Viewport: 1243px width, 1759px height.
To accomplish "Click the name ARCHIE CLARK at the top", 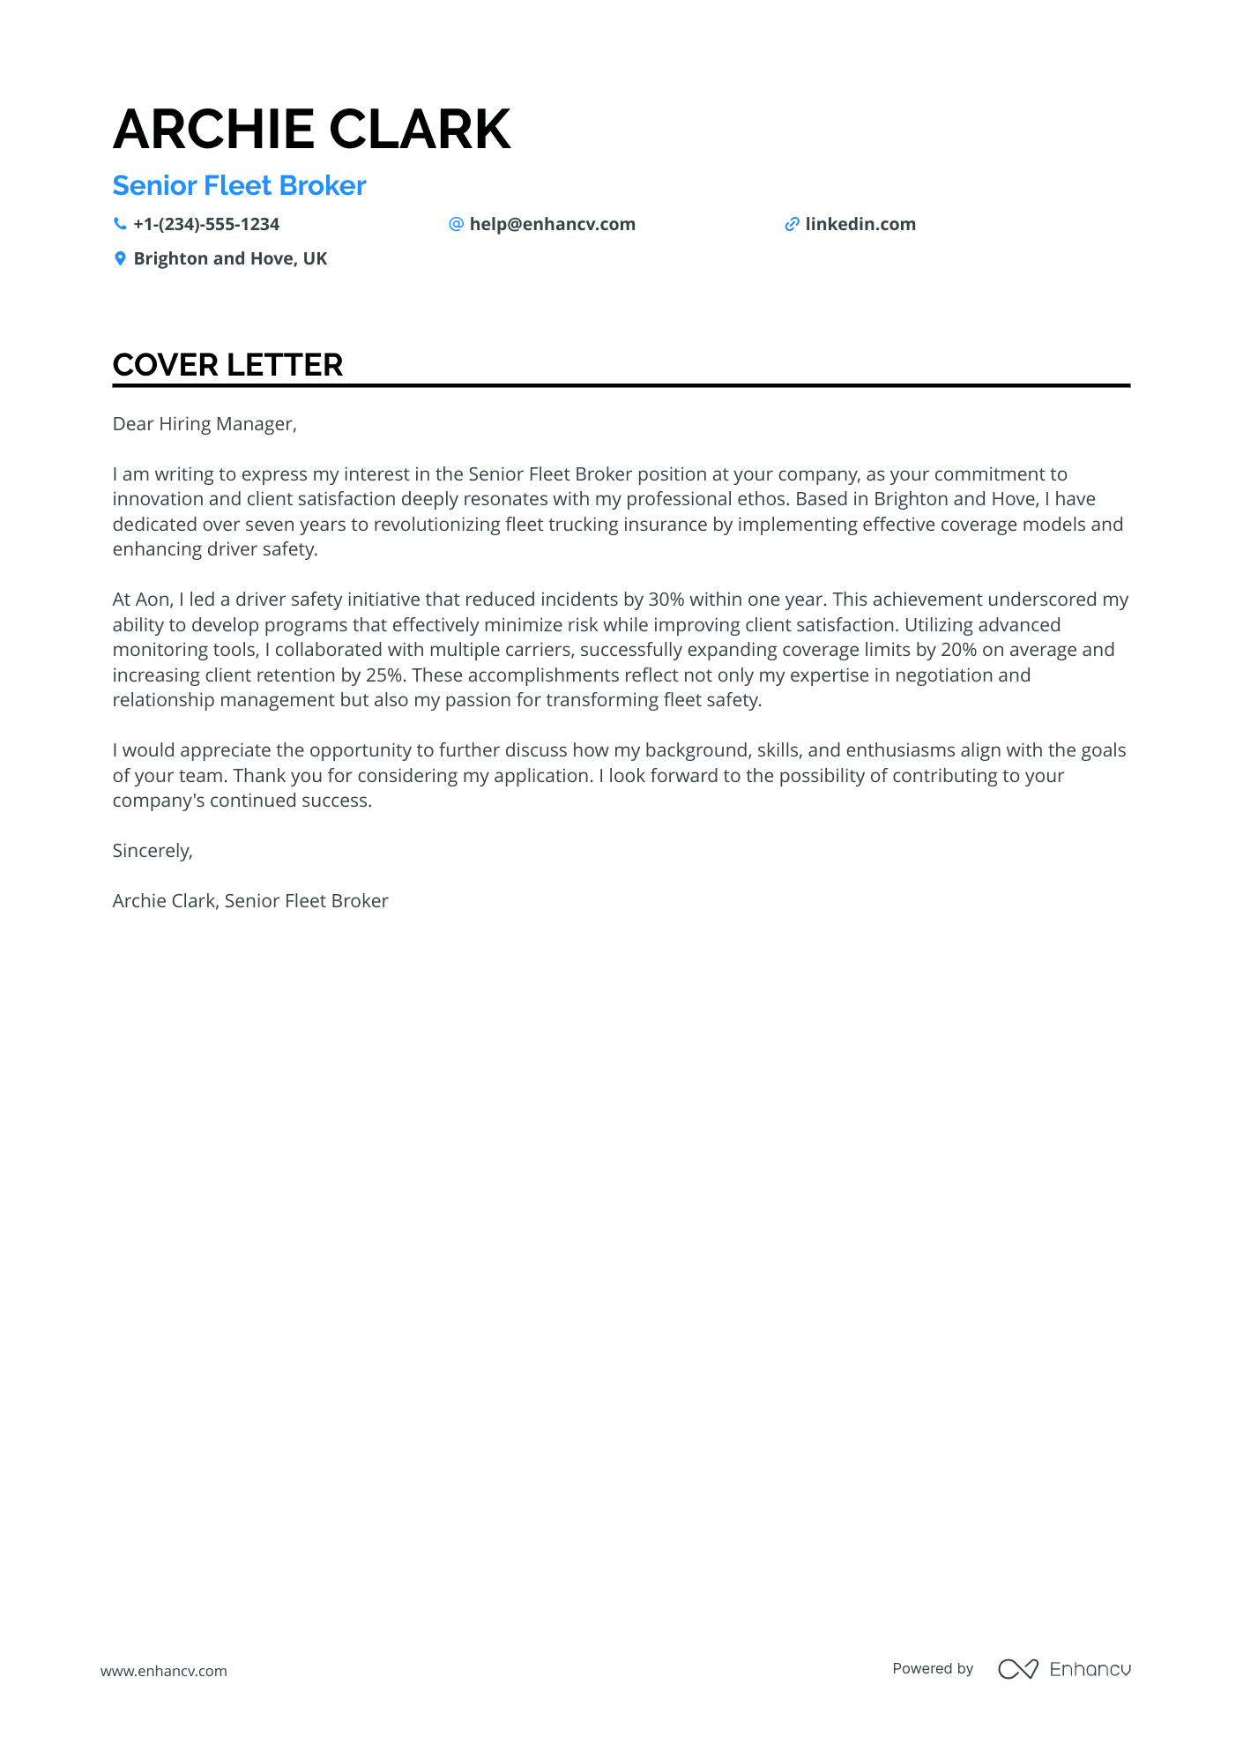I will [x=311, y=130].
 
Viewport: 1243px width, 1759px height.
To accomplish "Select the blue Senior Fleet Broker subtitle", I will [x=239, y=186].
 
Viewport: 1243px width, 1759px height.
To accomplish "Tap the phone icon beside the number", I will [x=120, y=224].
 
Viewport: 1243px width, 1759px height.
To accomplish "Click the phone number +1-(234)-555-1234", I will [x=206, y=225].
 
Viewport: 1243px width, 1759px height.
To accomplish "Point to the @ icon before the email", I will [x=456, y=224].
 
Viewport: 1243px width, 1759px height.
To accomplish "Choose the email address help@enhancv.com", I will [x=552, y=225].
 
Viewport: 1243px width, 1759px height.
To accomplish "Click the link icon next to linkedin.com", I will [x=792, y=225].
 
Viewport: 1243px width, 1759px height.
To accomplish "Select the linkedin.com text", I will [x=860, y=225].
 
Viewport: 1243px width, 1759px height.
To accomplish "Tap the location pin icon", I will [x=120, y=258].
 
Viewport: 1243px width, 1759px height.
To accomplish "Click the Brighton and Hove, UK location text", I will [x=230, y=259].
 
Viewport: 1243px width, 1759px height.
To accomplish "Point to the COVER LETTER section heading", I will [x=227, y=365].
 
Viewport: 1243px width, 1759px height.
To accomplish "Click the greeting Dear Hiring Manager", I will [x=205, y=424].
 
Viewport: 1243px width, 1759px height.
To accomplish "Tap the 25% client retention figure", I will [x=383, y=675].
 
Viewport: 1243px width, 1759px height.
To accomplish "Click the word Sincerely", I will [x=152, y=851].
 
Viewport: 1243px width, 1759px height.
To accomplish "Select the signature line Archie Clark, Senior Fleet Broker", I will [x=250, y=901].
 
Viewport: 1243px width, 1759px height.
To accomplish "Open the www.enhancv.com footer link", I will [x=164, y=1671].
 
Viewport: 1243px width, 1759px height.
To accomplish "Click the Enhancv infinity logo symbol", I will [x=1017, y=1669].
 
